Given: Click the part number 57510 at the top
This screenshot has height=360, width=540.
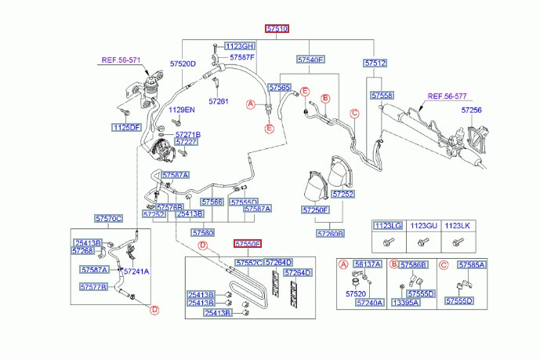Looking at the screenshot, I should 277,29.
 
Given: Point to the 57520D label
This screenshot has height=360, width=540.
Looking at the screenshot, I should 182,63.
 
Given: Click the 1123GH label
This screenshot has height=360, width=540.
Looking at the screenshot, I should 240,46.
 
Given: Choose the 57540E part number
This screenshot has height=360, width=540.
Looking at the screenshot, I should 310,60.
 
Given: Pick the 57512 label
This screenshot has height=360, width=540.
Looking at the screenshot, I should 375,63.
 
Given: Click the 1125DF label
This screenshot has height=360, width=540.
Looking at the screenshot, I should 125,127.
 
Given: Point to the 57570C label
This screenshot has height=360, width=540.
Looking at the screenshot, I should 109,218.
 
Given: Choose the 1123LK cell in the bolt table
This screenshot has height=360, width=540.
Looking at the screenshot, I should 456,226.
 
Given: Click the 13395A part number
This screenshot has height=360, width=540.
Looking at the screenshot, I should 407,302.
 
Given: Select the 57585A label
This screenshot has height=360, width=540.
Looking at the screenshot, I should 472,265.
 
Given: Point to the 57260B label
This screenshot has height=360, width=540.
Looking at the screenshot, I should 330,233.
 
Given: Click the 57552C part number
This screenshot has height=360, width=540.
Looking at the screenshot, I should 248,262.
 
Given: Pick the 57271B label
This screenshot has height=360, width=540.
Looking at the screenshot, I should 187,135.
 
